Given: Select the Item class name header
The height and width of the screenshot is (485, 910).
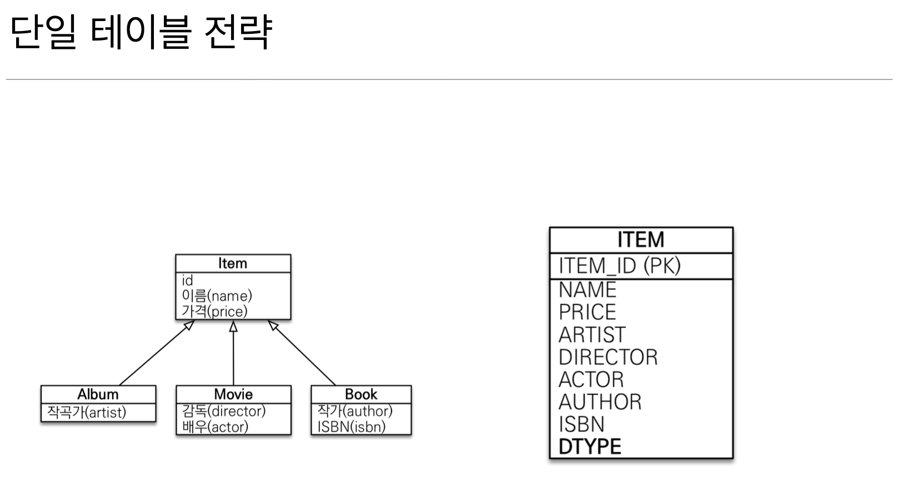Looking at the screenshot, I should click(233, 263).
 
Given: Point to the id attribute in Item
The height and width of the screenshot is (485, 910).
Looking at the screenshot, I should click(187, 281).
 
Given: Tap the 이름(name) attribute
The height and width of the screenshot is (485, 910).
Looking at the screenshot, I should click(217, 296).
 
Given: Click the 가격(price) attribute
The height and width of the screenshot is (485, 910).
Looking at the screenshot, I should click(214, 311).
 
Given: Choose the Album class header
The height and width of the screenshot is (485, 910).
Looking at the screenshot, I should click(98, 394).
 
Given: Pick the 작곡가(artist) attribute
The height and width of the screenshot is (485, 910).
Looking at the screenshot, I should click(87, 412).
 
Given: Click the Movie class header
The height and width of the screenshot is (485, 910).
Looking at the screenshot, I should click(233, 394).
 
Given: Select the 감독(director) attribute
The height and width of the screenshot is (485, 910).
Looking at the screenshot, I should click(224, 411).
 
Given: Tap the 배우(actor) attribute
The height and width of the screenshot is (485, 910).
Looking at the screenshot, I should click(215, 427).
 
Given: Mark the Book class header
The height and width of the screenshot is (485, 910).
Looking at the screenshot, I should click(361, 394).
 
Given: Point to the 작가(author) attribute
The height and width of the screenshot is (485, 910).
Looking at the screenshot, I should click(355, 411).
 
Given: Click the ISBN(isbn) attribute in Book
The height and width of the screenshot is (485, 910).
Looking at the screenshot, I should click(351, 427).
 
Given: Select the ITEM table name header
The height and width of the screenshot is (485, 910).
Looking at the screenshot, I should click(641, 240).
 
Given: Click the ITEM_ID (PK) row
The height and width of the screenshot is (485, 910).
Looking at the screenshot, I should click(619, 266).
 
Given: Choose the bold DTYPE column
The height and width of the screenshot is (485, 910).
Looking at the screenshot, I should click(590, 446).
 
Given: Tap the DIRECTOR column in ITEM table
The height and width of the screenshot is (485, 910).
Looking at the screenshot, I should click(608, 357).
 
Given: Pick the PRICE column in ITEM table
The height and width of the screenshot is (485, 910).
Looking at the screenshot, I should click(587, 312).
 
